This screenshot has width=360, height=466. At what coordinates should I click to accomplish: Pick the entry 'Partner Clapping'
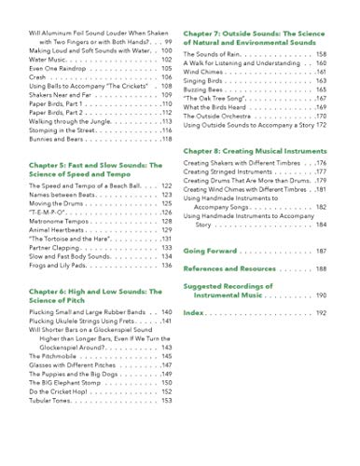(57, 248)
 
